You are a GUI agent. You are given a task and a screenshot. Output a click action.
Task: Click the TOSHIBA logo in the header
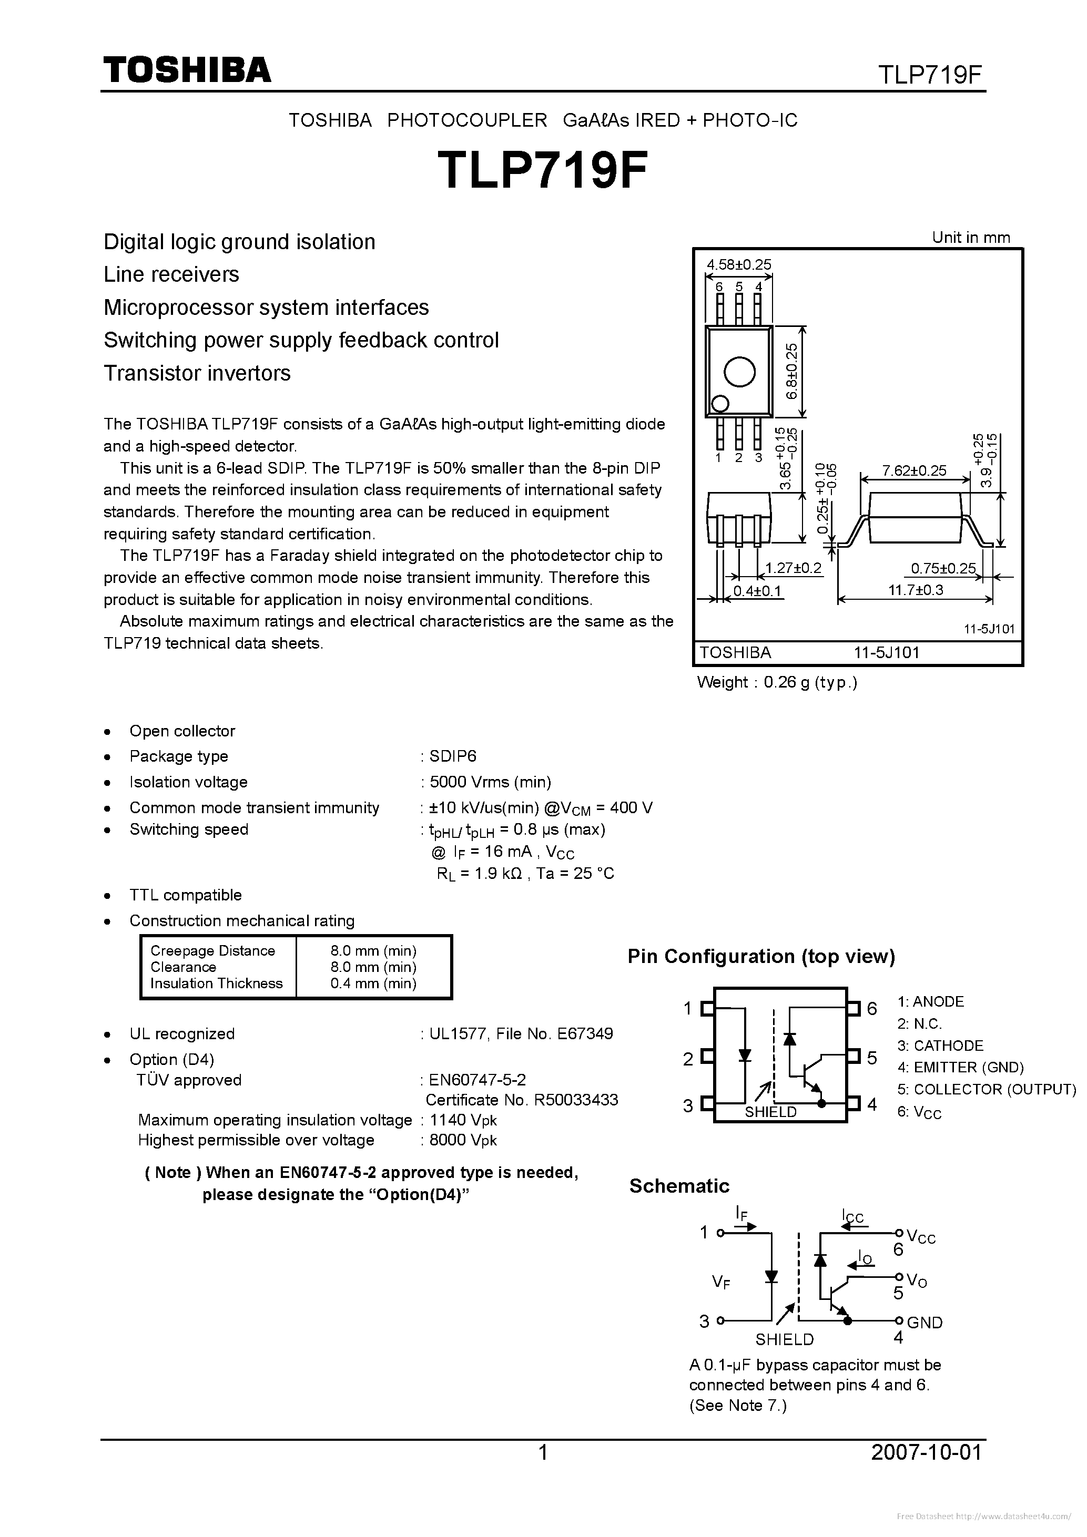187,69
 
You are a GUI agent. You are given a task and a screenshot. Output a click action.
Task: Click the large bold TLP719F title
543,171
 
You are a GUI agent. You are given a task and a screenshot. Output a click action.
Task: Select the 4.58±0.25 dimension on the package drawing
739,264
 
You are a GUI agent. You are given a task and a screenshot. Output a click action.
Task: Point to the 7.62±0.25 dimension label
914,470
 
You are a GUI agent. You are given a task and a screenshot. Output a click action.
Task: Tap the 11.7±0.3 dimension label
916,590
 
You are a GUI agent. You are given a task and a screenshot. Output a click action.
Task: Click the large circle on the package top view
739,372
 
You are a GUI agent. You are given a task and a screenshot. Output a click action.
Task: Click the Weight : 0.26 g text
776,682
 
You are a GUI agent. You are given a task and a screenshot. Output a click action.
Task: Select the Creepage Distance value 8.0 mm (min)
373,950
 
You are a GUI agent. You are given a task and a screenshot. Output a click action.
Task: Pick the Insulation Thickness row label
216,983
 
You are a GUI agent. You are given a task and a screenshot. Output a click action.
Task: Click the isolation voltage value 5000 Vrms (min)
490,782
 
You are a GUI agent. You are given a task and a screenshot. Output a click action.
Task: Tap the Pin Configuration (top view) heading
761,957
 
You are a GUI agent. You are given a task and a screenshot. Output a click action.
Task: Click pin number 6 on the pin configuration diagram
872,1008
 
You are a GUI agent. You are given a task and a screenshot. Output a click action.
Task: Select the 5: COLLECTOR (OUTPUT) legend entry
986,1089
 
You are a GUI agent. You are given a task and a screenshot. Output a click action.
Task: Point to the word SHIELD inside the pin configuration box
771,1112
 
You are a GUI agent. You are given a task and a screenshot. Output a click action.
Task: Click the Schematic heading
678,1186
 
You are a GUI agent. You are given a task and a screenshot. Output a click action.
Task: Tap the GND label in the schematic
925,1322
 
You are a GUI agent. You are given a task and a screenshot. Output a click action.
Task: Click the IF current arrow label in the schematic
742,1213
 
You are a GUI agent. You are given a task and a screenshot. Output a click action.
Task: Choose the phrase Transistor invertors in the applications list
197,373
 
